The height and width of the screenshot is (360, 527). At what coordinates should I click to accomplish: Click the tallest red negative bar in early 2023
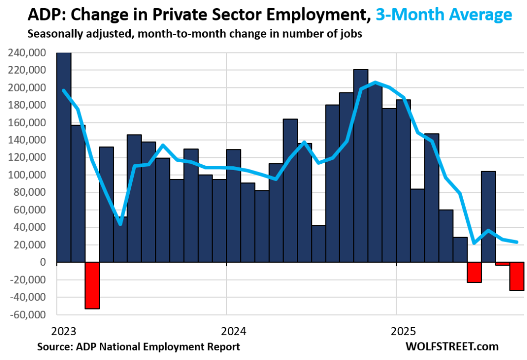click(x=92, y=285)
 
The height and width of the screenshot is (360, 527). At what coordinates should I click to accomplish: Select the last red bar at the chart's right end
click(x=517, y=276)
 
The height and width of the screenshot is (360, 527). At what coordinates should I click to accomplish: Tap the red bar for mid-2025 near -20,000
click(x=474, y=272)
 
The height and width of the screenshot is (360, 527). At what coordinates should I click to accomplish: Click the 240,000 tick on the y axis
click(x=28, y=53)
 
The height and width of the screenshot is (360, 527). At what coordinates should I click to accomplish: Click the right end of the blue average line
click(x=517, y=242)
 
